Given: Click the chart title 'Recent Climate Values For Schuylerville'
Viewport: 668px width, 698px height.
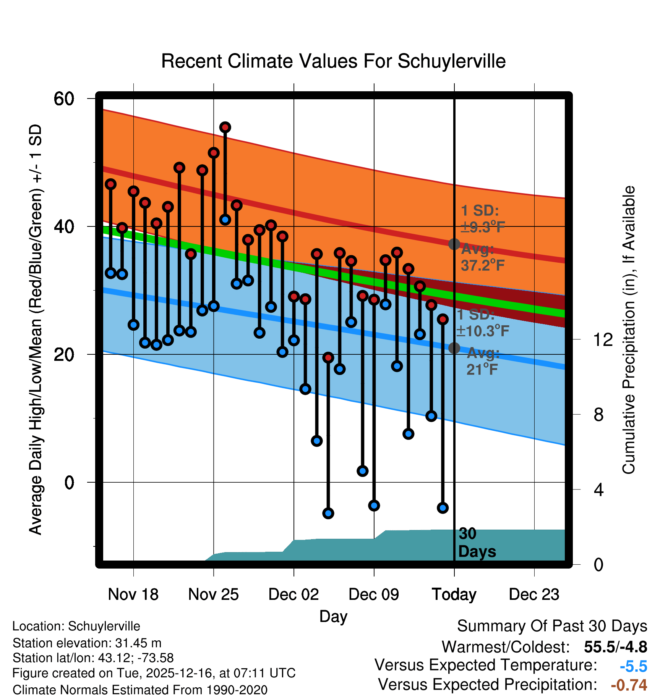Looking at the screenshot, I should pyautogui.click(x=333, y=61).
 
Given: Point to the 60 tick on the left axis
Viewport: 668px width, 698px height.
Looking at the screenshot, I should pyautogui.click(x=64, y=99).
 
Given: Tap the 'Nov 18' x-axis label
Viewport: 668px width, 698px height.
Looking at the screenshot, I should pyautogui.click(x=133, y=595).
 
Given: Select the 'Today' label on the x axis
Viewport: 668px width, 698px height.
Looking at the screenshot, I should pyautogui.click(x=454, y=595).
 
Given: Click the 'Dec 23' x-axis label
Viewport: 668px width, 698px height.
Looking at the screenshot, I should pyautogui.click(x=534, y=595).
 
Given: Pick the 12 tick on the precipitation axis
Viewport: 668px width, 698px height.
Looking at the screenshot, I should pyautogui.click(x=603, y=339).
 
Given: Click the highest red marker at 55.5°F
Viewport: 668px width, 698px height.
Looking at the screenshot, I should pyautogui.click(x=225, y=127).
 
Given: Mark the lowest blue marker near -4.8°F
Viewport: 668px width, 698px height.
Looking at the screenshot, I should pyautogui.click(x=328, y=513).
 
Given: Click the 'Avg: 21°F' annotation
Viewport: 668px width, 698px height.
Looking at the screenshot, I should pyautogui.click(x=483, y=361).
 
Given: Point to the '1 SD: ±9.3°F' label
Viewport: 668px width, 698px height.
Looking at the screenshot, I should pyautogui.click(x=483, y=219).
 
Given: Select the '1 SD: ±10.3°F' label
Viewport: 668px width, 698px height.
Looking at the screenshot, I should pyautogui.click(x=483, y=323).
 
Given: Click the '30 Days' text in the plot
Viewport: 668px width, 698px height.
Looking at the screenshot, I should pyautogui.click(x=477, y=543).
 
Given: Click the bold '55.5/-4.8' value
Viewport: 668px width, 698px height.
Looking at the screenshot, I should pyautogui.click(x=615, y=647).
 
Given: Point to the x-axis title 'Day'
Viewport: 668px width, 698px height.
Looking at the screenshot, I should pyautogui.click(x=333, y=616).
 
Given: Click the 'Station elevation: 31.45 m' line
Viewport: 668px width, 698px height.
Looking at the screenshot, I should pyautogui.click(x=87, y=643).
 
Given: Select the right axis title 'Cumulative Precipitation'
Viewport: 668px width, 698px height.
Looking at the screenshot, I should pyautogui.click(x=629, y=330).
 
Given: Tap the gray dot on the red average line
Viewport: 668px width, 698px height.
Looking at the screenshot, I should pyautogui.click(x=454, y=244).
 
